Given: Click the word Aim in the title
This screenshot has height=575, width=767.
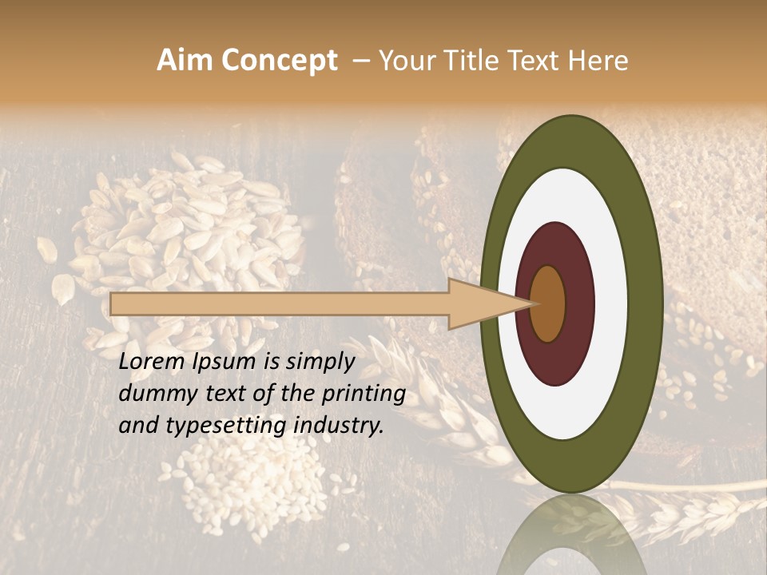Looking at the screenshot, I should click(185, 61).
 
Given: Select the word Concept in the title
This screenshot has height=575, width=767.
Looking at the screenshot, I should click(278, 61).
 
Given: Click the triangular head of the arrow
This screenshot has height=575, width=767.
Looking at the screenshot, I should click(479, 303).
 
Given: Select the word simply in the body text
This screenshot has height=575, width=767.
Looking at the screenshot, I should click(319, 361).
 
